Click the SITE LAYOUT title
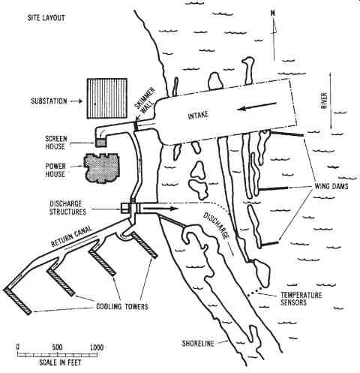tap(46, 18)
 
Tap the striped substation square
tap(107, 98)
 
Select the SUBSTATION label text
tap(49, 101)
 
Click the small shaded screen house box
tap(100, 142)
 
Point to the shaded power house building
tap(102, 169)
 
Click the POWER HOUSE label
tap(55, 170)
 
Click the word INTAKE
tap(198, 116)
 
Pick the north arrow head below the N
tap(274, 27)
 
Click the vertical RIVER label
tap(324, 101)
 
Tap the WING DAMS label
tap(331, 186)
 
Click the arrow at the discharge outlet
tap(160, 208)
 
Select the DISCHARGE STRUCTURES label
tap(67, 208)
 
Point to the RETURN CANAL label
tap(71, 236)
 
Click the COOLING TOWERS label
tap(122, 306)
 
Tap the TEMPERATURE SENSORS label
tap(301, 299)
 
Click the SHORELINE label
tap(198, 344)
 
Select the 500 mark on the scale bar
tap(57, 347)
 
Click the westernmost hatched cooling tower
tap(17, 301)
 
